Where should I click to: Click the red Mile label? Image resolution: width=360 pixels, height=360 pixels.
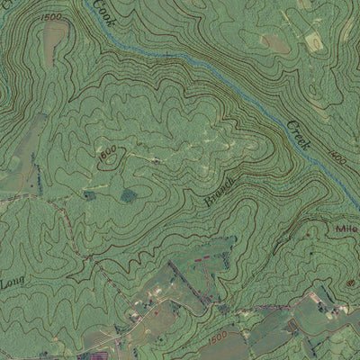346,229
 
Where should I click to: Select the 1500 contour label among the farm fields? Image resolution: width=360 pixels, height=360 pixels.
218,336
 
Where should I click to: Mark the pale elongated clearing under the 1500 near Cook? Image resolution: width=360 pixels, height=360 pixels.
53,36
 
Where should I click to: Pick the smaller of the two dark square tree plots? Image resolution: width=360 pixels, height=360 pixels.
89,194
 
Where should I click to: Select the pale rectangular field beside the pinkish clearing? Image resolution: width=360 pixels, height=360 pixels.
316,40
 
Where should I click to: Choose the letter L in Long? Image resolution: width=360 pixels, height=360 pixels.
4,288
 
